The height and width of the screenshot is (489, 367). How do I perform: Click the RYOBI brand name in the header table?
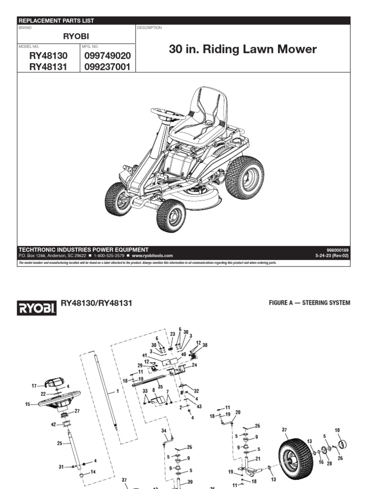click(76, 36)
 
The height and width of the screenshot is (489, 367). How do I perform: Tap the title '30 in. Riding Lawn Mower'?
click(243, 50)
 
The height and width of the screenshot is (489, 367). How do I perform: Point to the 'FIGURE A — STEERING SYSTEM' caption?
click(307, 303)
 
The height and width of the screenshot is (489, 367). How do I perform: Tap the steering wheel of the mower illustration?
click(168, 114)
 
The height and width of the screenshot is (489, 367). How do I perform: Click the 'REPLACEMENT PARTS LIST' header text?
click(56, 21)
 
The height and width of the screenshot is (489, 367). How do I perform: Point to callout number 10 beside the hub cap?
click(337, 430)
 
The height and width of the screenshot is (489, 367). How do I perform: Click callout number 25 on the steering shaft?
click(60, 443)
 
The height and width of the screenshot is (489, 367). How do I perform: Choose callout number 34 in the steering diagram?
click(164, 430)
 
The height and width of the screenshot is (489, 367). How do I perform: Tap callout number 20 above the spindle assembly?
click(238, 412)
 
